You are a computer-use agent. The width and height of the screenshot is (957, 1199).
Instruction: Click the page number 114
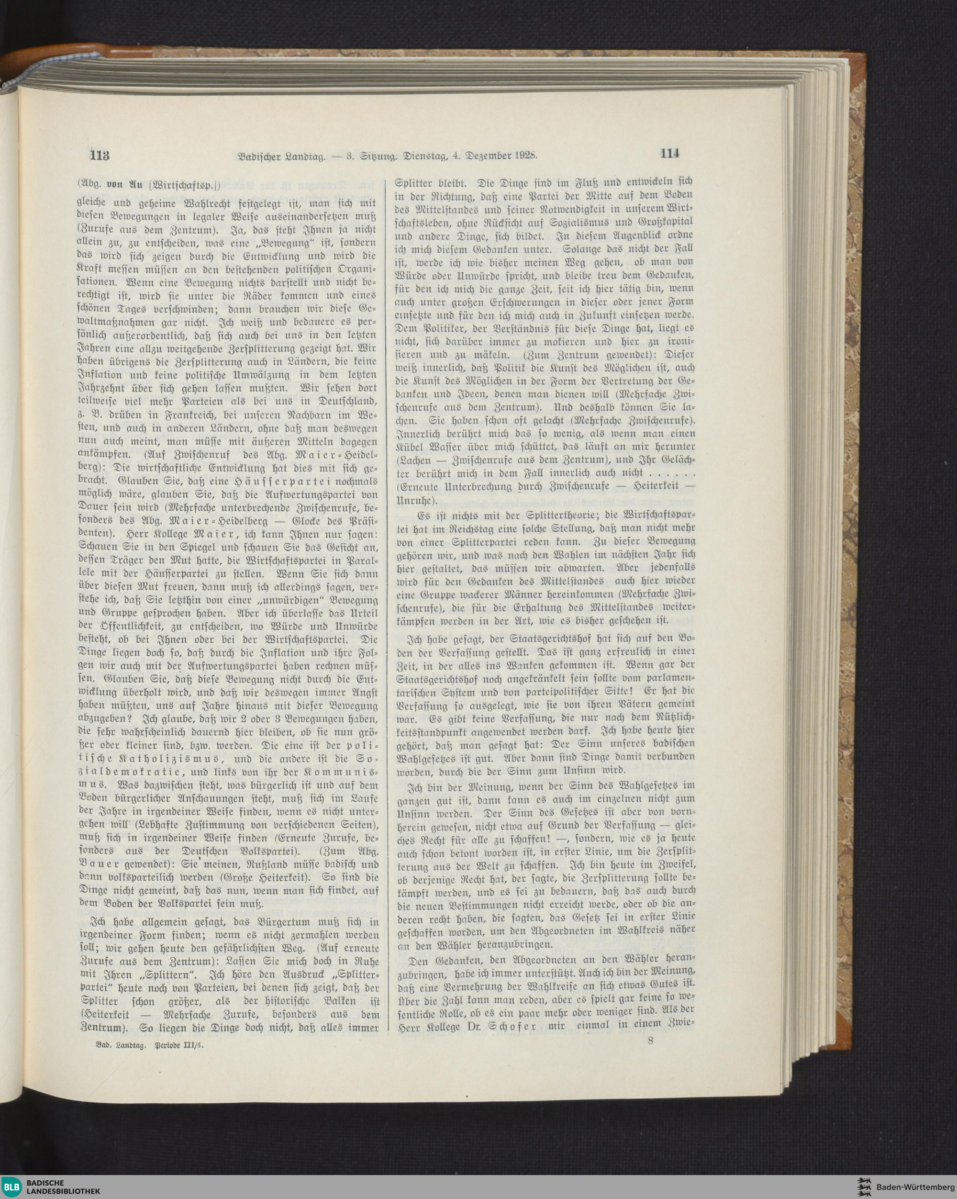pyautogui.click(x=670, y=154)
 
